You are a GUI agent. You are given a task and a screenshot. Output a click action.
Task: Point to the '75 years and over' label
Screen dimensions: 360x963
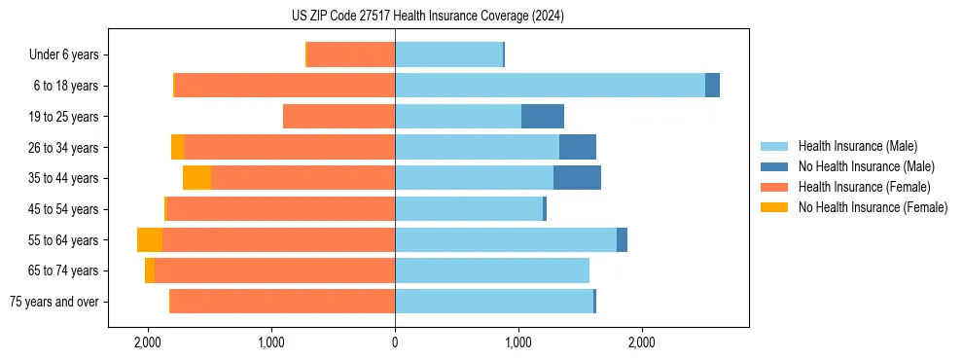(x=54, y=302)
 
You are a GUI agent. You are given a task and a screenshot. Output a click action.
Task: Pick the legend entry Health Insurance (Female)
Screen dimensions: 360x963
(x=865, y=187)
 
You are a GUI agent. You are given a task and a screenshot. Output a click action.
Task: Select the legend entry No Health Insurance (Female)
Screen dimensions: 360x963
(x=873, y=207)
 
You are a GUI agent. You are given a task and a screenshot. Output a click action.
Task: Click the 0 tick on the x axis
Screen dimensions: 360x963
(x=395, y=342)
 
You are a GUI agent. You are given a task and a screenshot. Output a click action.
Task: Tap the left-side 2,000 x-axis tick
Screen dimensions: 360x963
(x=148, y=342)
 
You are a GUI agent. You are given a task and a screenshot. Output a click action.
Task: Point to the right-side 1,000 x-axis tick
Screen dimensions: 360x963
(x=517, y=342)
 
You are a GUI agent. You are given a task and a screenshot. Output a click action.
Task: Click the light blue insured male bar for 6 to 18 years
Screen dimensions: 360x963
(x=550, y=86)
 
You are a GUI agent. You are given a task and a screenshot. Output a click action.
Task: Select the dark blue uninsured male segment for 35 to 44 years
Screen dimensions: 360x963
(x=577, y=178)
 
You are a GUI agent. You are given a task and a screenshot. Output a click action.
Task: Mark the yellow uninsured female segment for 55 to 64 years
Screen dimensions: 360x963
(x=150, y=240)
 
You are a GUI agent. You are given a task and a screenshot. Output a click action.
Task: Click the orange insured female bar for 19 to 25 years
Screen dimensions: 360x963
(x=339, y=117)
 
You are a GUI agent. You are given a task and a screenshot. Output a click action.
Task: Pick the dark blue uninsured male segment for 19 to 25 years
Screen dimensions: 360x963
(x=543, y=117)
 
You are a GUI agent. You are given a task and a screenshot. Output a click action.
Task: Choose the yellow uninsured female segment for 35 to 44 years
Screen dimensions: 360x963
(x=196, y=178)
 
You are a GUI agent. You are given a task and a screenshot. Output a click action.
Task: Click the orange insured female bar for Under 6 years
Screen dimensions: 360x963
(x=351, y=55)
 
